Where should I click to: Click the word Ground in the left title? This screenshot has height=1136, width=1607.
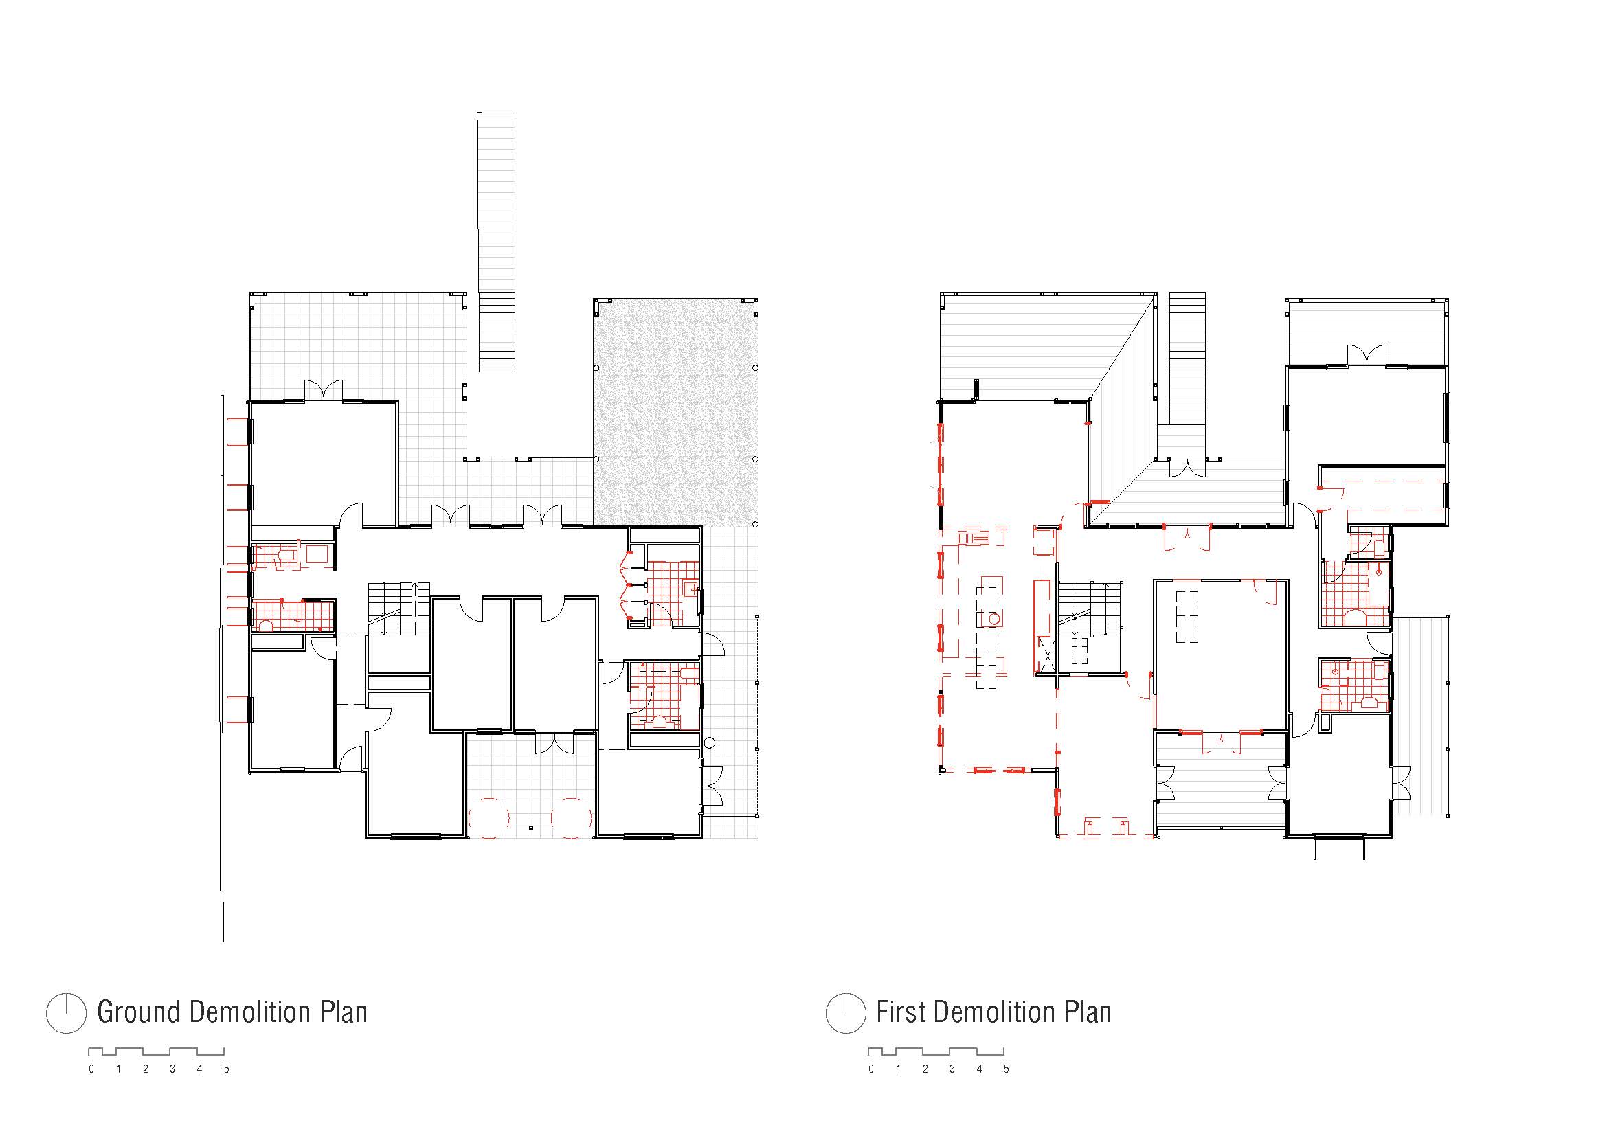(x=139, y=1012)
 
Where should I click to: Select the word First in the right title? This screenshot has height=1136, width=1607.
(x=901, y=1012)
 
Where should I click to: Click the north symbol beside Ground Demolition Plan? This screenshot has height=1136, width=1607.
(x=66, y=1013)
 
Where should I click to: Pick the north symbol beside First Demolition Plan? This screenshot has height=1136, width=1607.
(x=846, y=1013)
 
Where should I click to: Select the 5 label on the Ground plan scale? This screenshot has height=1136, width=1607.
(x=226, y=1069)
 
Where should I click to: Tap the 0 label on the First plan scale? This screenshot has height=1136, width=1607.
(x=870, y=1069)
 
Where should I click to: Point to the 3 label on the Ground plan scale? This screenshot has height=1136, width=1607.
(x=172, y=1069)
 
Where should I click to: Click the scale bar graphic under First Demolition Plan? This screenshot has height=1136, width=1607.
(x=936, y=1052)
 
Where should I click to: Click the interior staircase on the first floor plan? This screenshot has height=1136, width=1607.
(x=1088, y=609)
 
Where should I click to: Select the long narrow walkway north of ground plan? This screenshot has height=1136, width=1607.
(x=496, y=241)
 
